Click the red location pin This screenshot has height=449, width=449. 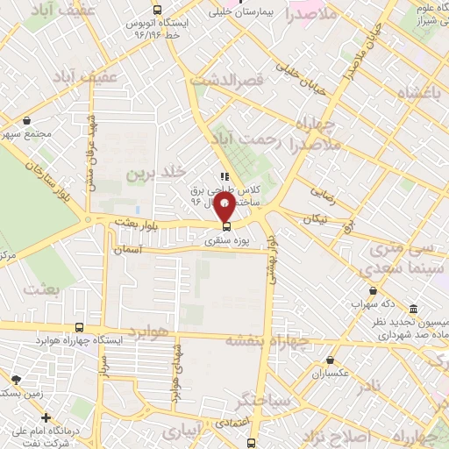click(224, 210)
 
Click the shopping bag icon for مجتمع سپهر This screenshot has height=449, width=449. click(27, 121)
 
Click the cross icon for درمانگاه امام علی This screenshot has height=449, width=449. click(46, 417)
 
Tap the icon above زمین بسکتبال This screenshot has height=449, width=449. click(16, 380)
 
